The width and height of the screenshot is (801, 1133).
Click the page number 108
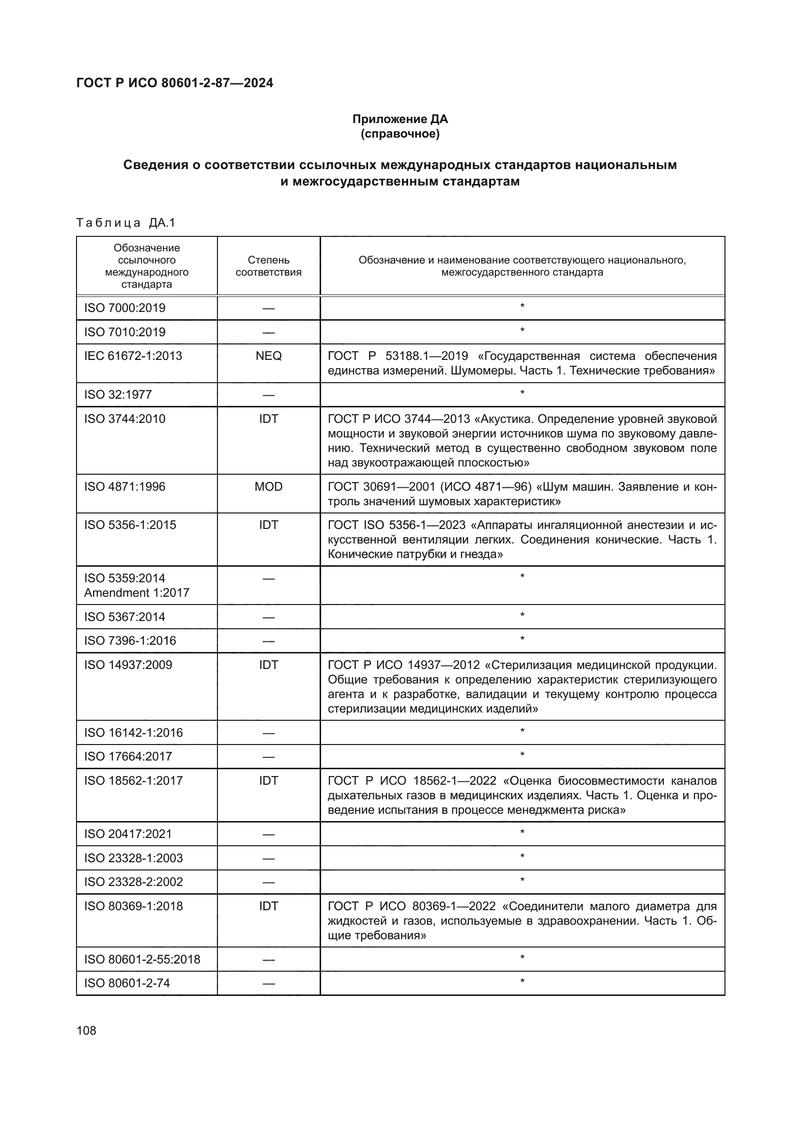pyautogui.click(x=86, y=1030)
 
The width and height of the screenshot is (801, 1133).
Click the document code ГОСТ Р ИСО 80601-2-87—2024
pyautogui.click(x=175, y=83)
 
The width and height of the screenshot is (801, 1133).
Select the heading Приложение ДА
pyautogui.click(x=400, y=119)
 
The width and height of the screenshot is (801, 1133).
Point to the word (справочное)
pyautogui.click(x=400, y=134)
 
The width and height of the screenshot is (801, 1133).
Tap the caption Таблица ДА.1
pyautogui.click(x=126, y=223)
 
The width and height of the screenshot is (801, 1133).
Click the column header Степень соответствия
pyautogui.click(x=268, y=266)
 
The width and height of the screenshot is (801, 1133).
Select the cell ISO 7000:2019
pyautogui.click(x=125, y=308)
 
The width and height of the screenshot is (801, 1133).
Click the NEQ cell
pyautogui.click(x=268, y=356)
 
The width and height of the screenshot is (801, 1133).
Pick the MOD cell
pyautogui.click(x=268, y=486)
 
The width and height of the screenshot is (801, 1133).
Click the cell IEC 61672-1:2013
pyautogui.click(x=133, y=356)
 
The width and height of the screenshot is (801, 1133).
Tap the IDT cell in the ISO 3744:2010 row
pyautogui.click(x=268, y=419)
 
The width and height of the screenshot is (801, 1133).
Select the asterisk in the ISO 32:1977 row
pyautogui.click(x=522, y=393)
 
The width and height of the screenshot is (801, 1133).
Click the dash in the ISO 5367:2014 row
pyautogui.click(x=268, y=617)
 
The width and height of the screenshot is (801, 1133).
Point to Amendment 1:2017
pyautogui.click(x=137, y=592)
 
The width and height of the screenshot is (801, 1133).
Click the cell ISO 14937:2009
pyautogui.click(x=128, y=665)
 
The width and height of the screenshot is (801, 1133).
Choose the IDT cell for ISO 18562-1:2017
pyautogui.click(x=268, y=780)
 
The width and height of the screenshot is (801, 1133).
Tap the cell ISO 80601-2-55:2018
pyautogui.click(x=142, y=959)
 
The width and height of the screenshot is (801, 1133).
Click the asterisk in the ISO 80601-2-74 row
pyautogui.click(x=522, y=981)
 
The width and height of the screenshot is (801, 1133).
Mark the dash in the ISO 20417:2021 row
pyautogui.click(x=268, y=835)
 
